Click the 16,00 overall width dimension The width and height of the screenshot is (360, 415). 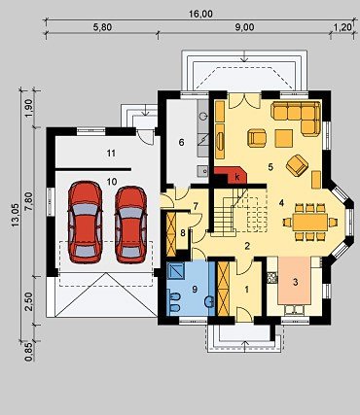tap(200, 14)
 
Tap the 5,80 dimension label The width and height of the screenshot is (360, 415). tap(102, 27)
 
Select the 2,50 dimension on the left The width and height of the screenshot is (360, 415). tap(28, 301)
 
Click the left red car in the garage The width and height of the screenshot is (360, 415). tap(86, 222)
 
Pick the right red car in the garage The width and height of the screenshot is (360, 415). tap(131, 225)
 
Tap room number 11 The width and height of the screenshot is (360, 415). tap(111, 154)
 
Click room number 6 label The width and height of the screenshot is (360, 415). tap(181, 142)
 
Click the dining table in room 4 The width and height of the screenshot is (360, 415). tap(310, 222)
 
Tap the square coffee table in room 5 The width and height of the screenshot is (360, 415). tap(284, 138)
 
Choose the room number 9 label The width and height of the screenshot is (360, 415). tap(195, 289)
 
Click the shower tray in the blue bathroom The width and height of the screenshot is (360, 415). tap(177, 271)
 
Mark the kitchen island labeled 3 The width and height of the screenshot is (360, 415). tap(295, 281)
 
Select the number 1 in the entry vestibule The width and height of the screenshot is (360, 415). tap(246, 290)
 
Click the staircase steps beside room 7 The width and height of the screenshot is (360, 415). tap(224, 212)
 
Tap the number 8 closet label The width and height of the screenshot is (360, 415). tap(183, 232)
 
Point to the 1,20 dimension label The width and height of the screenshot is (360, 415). tap(342, 27)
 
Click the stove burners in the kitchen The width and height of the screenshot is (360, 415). tap(272, 277)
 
